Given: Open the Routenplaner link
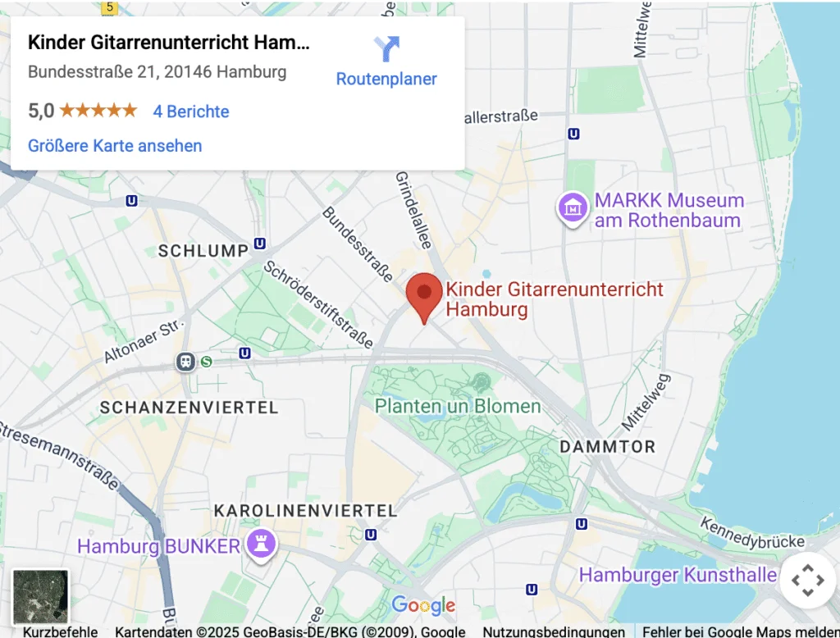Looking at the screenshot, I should click(x=386, y=79).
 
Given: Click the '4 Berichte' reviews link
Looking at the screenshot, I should click(x=191, y=112).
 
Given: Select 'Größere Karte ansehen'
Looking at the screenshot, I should click(x=115, y=146).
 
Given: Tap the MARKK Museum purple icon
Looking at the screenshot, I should click(x=572, y=207).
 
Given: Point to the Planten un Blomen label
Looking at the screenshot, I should click(x=458, y=406).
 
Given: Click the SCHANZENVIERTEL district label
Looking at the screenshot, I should click(x=189, y=407).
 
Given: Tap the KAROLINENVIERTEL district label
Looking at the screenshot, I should click(x=305, y=510).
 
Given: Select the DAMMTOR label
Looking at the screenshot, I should click(x=607, y=447).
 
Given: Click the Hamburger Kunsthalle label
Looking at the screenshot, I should click(x=678, y=575).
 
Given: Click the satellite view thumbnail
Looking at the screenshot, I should click(x=40, y=596).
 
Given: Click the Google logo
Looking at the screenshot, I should click(x=423, y=605).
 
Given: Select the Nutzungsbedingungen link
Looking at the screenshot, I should click(x=554, y=631).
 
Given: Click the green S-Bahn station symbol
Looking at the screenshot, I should click(x=207, y=361).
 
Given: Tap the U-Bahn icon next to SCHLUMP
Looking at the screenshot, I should click(x=260, y=244).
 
